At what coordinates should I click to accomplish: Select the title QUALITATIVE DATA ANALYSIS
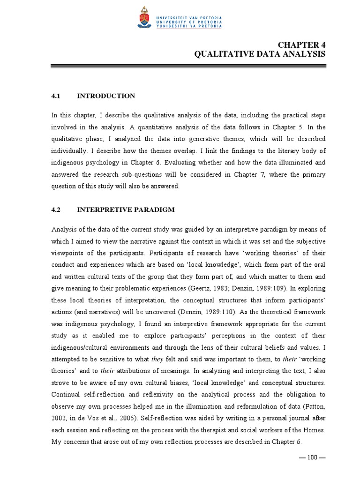pos(260,54)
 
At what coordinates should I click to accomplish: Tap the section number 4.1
pos(56,96)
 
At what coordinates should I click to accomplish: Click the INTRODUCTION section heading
pos(106,96)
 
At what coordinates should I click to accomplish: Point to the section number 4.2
pos(56,210)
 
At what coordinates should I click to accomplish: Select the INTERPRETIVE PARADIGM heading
pos(126,210)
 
